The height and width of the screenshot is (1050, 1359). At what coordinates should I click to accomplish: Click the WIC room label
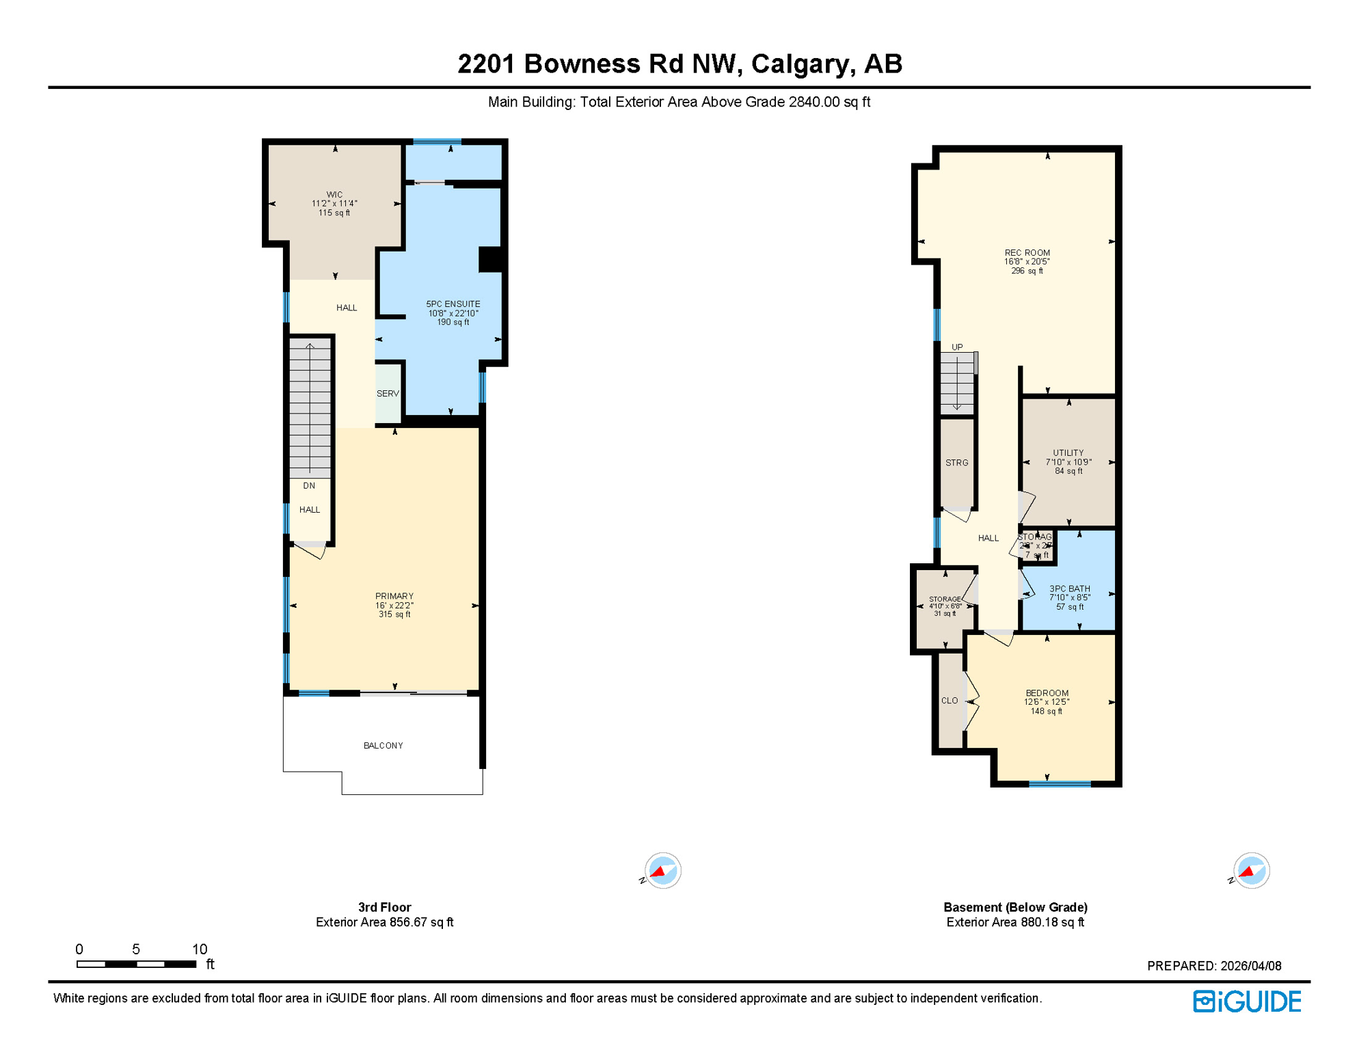click(334, 195)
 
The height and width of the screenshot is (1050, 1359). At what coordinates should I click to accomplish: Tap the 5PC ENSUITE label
click(453, 304)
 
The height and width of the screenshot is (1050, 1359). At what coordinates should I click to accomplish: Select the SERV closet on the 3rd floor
click(388, 394)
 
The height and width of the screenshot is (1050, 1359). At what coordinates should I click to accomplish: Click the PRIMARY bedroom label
click(394, 596)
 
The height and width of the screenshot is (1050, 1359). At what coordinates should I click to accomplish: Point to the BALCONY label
click(383, 746)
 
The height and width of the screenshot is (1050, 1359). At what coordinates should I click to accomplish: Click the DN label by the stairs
click(309, 486)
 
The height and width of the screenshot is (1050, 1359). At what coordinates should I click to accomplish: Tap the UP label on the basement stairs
click(957, 347)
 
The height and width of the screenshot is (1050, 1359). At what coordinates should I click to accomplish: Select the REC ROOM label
click(1027, 253)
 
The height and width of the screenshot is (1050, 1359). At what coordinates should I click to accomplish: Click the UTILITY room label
click(1068, 453)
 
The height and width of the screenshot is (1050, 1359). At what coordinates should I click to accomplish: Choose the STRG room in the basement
click(956, 463)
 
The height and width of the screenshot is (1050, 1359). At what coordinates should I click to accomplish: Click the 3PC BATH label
click(1069, 589)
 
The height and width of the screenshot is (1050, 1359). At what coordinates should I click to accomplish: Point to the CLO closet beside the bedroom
click(950, 701)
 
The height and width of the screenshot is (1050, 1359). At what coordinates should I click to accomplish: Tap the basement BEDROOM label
click(1047, 693)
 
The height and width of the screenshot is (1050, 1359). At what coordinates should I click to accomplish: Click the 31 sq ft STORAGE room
click(945, 606)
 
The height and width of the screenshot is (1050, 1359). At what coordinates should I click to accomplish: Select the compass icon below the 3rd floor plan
click(662, 871)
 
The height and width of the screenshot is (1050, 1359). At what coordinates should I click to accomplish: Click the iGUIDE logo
click(1247, 1002)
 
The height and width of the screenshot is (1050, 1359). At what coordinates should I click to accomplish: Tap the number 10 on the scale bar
click(199, 950)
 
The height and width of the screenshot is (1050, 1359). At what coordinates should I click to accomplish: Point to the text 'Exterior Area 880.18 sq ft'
click(1015, 923)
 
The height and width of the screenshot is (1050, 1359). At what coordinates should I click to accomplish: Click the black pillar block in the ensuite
click(491, 260)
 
